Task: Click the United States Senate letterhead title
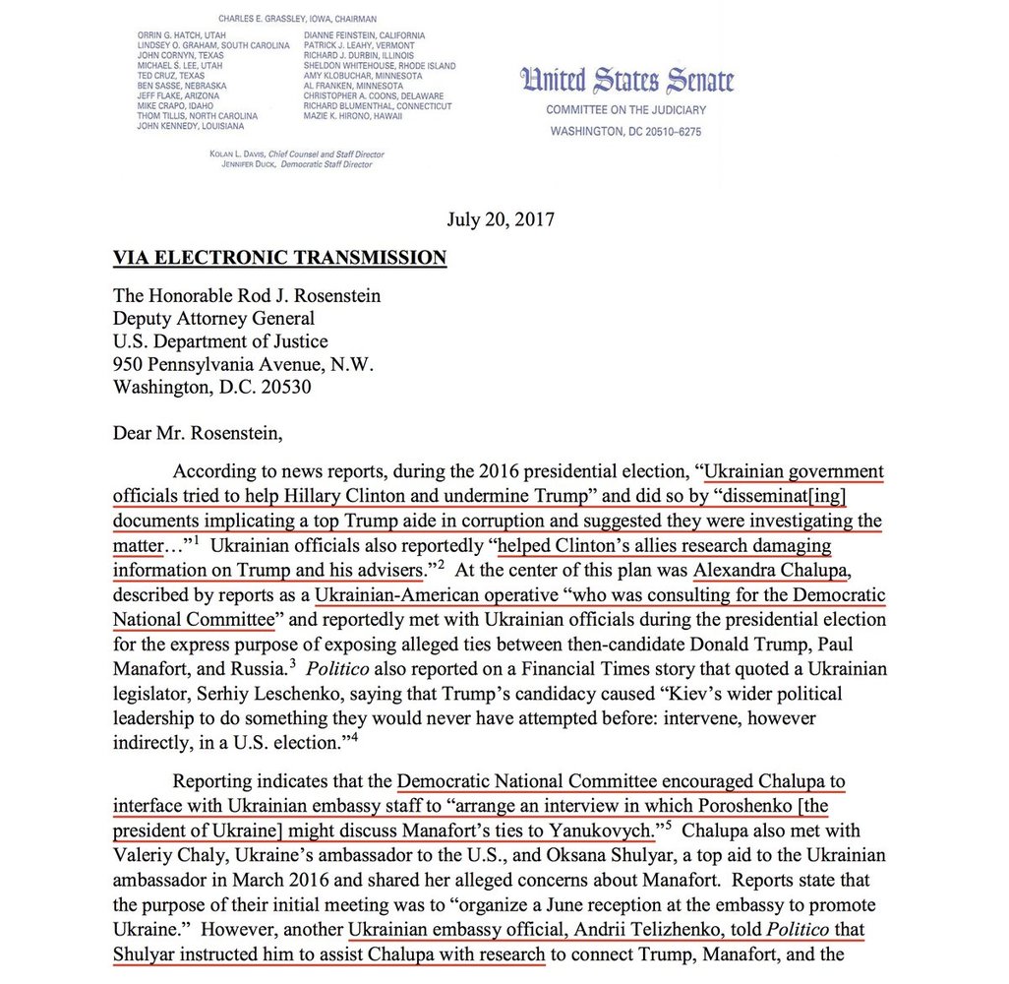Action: click(626, 81)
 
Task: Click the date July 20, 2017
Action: click(501, 218)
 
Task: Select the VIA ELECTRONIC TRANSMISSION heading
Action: click(279, 258)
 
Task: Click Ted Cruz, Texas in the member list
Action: click(171, 76)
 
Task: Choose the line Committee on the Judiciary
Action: click(626, 110)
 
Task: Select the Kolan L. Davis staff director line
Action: click(296, 154)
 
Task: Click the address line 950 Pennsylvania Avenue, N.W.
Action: click(244, 364)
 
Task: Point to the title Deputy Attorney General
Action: click(214, 318)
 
